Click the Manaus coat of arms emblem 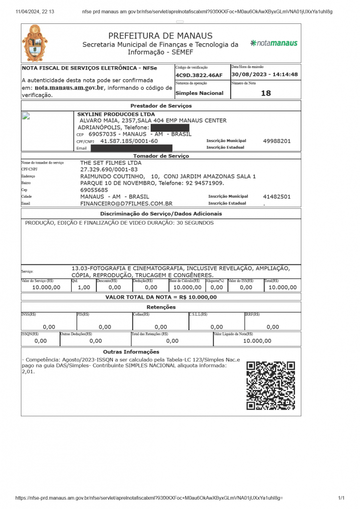click(x=35, y=44)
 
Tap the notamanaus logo click(x=274, y=43)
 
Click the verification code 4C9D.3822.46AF click(x=199, y=75)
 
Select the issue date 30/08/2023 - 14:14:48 click(x=265, y=75)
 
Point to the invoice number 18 click(x=266, y=93)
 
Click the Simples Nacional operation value click(x=199, y=93)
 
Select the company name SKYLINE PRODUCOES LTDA click(x=116, y=114)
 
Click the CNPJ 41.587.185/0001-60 click(x=129, y=141)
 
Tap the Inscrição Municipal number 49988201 click(x=277, y=141)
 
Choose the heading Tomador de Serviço click(x=161, y=156)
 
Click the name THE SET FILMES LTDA click(x=111, y=163)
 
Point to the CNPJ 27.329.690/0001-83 click(x=109, y=170)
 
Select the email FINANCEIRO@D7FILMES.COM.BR click(x=126, y=204)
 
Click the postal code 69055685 click(x=94, y=190)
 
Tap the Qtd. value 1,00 click(x=84, y=287)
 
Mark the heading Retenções click(x=161, y=307)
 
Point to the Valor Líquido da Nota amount click(x=257, y=341)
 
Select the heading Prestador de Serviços click(x=161, y=106)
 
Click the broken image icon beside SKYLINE click(x=26, y=116)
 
